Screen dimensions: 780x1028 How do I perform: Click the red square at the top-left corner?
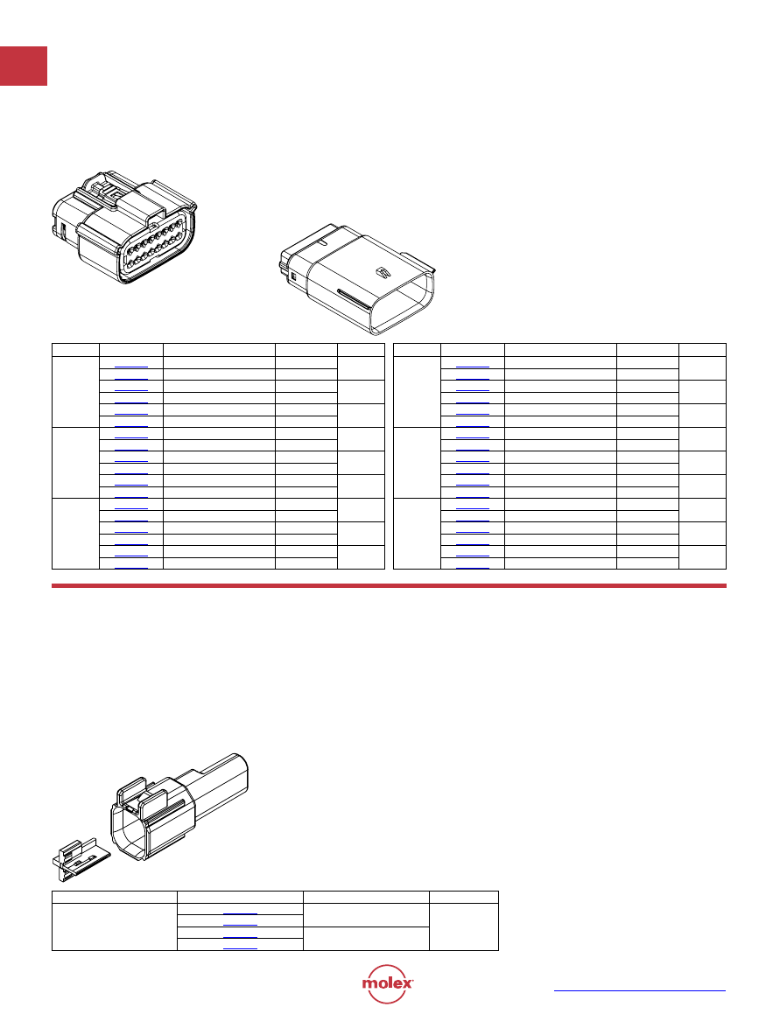[x=24, y=66]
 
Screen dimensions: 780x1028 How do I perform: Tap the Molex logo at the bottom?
[x=387, y=983]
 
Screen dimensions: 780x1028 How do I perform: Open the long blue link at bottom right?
[x=640, y=990]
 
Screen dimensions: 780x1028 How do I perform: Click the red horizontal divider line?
[x=389, y=585]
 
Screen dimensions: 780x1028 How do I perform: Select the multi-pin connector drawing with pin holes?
[x=124, y=227]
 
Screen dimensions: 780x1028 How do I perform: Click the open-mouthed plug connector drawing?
[x=357, y=278]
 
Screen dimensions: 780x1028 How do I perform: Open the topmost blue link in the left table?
[x=131, y=367]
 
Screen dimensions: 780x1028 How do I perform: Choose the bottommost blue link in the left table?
[x=131, y=567]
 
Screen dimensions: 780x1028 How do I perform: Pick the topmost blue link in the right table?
[x=473, y=367]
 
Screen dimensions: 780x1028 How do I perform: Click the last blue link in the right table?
[x=473, y=567]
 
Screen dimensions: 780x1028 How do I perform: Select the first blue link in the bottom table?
[x=240, y=913]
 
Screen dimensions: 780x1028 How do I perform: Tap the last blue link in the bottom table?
[x=240, y=948]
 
